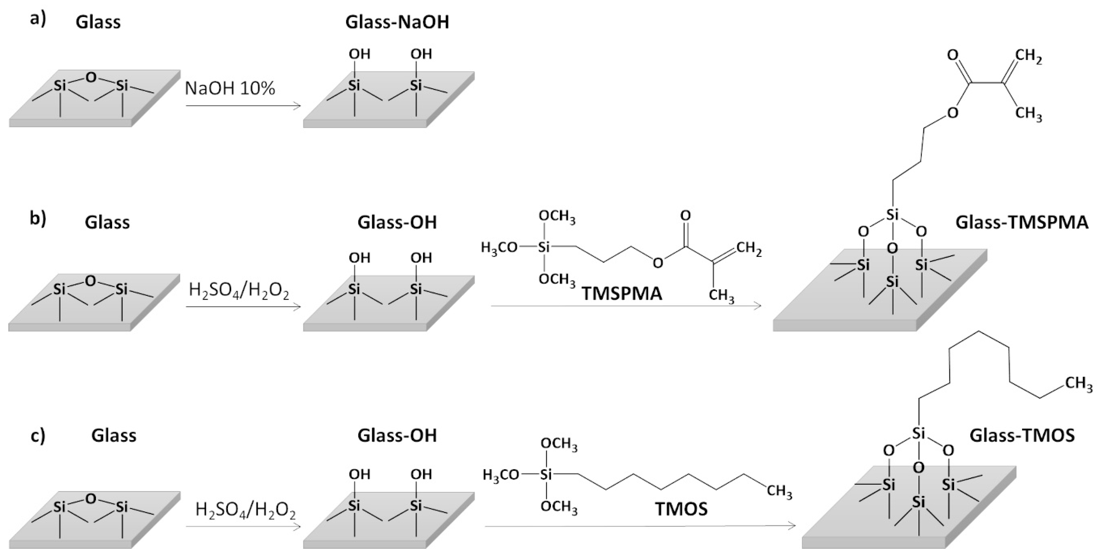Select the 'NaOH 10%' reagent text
(230, 88)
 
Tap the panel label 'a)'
(38, 20)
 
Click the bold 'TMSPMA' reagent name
(622, 294)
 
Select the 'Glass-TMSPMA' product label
(1022, 222)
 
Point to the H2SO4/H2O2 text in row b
(239, 292)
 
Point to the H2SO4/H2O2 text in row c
(245, 510)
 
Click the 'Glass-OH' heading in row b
(397, 222)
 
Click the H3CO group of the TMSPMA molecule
(499, 248)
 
